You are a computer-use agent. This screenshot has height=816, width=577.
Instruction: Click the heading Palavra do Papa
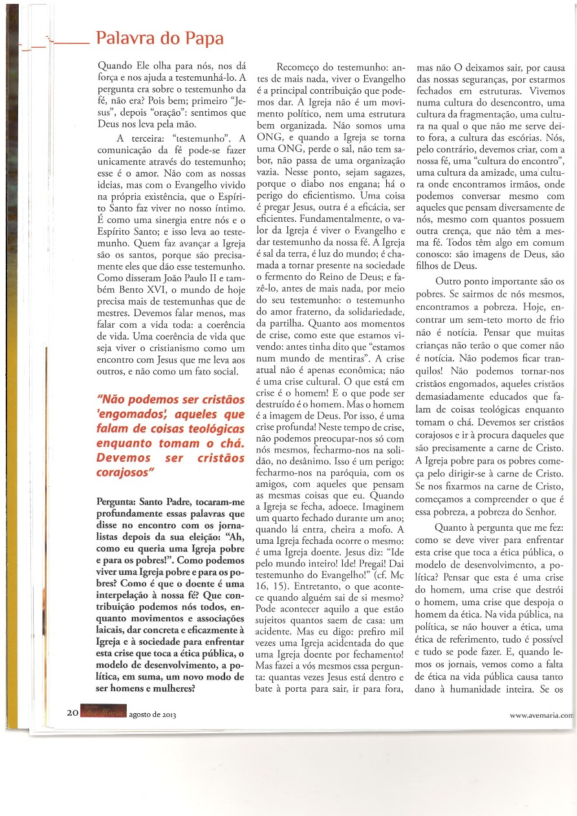click(160, 38)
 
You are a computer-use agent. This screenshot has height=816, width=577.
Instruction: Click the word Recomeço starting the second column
click(303, 67)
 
